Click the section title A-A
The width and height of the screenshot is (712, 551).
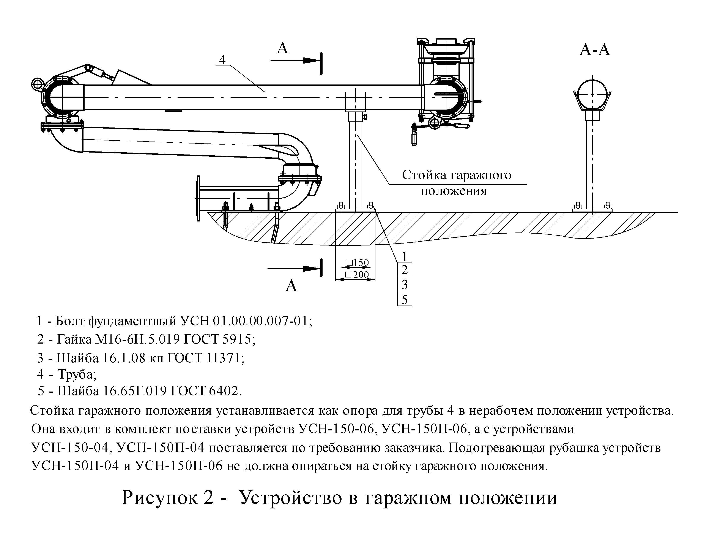(595, 50)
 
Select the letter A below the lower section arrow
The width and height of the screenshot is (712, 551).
(291, 286)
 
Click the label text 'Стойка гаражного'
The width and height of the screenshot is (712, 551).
(456, 175)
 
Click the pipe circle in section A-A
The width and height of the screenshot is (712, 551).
(592, 94)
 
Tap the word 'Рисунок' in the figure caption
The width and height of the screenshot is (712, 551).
(168, 498)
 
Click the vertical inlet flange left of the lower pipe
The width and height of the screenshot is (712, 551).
(198, 198)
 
